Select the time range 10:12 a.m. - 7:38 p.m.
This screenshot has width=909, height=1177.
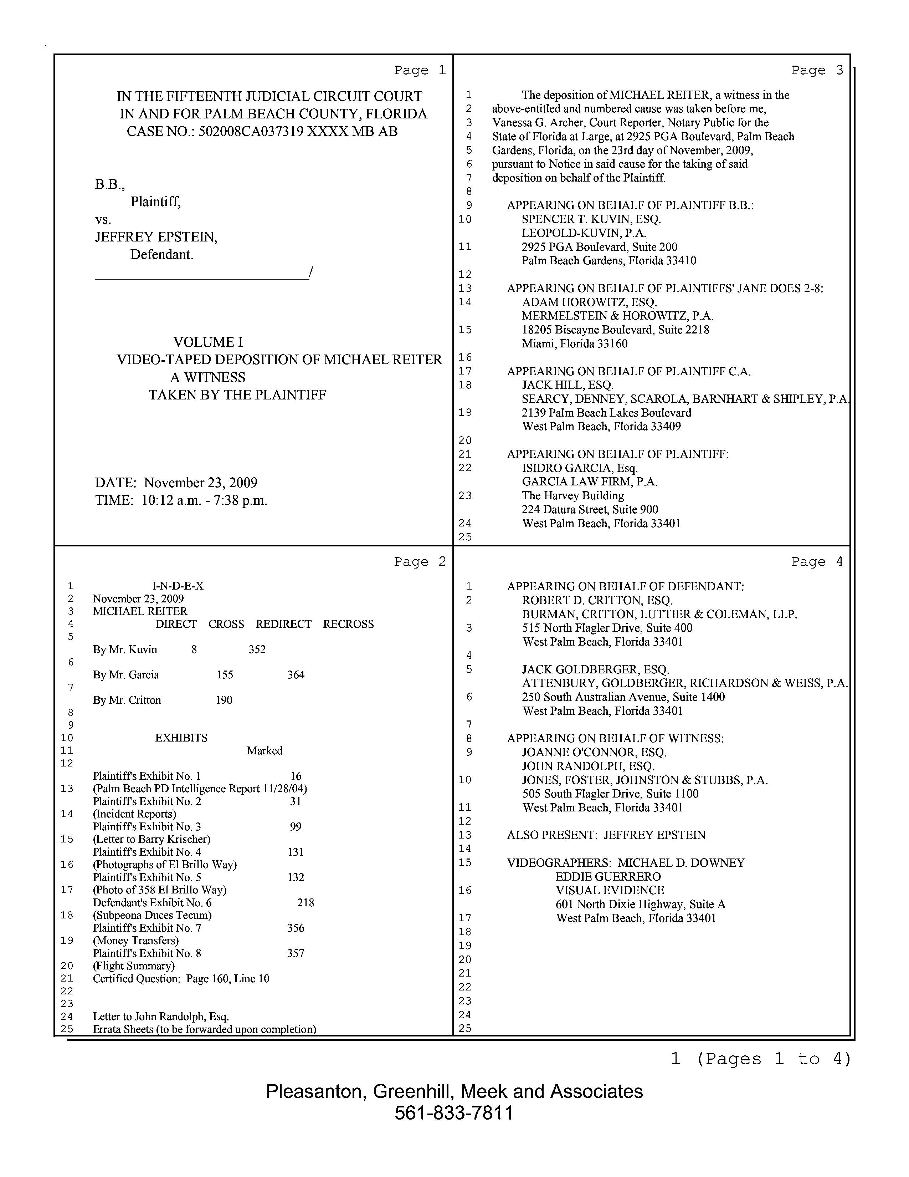tap(204, 501)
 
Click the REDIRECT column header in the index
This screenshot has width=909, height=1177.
tap(283, 624)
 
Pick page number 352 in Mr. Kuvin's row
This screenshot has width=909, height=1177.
tap(257, 649)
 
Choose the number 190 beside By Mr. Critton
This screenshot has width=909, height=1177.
tap(224, 700)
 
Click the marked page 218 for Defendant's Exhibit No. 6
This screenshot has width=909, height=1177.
tap(305, 903)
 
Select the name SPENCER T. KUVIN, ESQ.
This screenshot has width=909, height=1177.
tap(591, 219)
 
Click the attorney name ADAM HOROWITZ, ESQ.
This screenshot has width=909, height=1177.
tap(589, 302)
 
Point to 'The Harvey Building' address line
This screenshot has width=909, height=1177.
tap(572, 496)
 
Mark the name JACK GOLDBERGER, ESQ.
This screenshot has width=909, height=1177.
tap(595, 670)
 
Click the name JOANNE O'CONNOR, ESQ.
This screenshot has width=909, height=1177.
tap(594, 752)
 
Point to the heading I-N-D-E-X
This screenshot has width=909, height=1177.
tap(178, 586)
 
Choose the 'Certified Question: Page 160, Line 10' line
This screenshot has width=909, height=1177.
tap(181, 979)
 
